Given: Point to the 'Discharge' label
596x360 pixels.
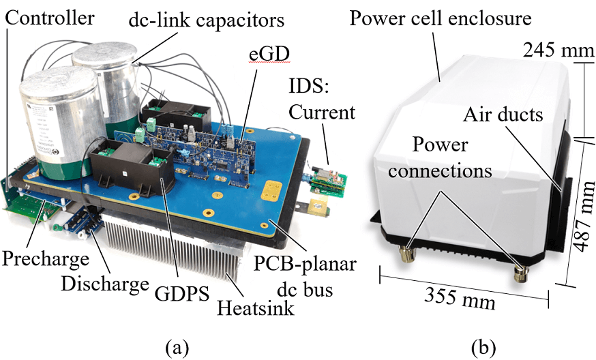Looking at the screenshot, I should pyautogui.click(x=106, y=283).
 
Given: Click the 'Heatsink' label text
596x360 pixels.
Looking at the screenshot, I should pyautogui.click(x=256, y=309).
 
